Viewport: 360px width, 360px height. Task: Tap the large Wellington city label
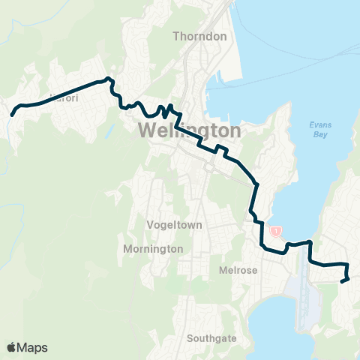190,131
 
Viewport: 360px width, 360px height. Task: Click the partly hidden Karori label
63,97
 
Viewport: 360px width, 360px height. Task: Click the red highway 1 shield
277,231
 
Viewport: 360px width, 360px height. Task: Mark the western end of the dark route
13,115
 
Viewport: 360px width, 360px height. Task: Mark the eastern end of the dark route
343,281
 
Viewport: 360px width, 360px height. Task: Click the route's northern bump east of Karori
109,79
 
